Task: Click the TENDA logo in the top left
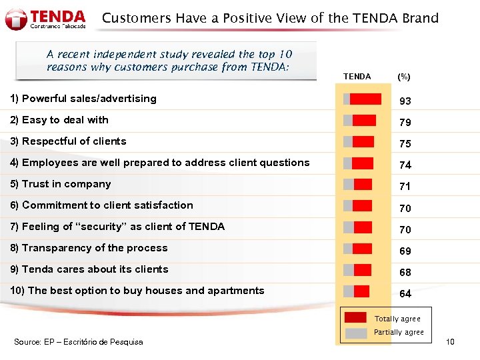[45, 19]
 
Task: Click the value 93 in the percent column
[405, 101]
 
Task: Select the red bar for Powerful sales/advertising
[365, 99]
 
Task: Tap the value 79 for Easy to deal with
[405, 123]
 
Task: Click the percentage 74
[405, 165]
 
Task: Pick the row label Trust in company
[66, 184]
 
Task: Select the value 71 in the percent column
[405, 187]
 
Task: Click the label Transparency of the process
[88, 248]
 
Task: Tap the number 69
[405, 251]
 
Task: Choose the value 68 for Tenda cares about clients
[405, 273]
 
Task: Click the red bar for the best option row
[360, 291]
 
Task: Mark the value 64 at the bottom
[405, 294]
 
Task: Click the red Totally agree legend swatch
[355, 318]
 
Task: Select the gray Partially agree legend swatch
[355, 332]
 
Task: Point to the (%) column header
[404, 77]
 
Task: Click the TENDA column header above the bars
[357, 77]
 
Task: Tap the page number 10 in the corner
[450, 342]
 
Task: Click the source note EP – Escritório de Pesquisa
[79, 342]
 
